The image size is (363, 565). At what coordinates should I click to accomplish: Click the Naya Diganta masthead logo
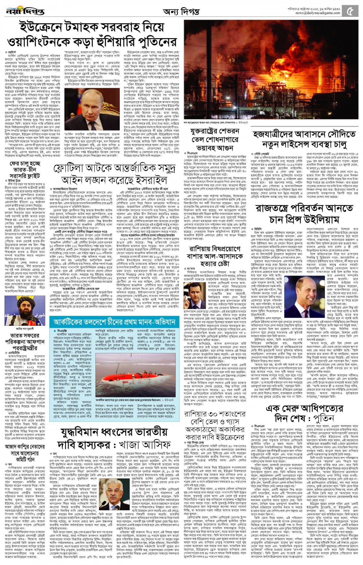tap(25, 11)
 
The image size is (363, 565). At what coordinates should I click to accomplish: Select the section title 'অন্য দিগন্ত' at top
tap(181, 12)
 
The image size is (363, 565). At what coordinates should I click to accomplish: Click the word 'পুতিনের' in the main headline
tap(157, 42)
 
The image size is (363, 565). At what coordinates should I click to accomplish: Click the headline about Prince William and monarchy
tap(304, 214)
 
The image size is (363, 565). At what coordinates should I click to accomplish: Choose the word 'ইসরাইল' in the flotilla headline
tap(151, 180)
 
